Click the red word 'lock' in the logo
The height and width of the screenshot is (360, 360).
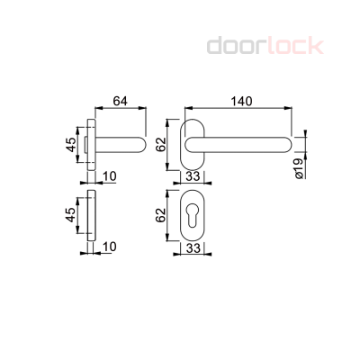point(292,46)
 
